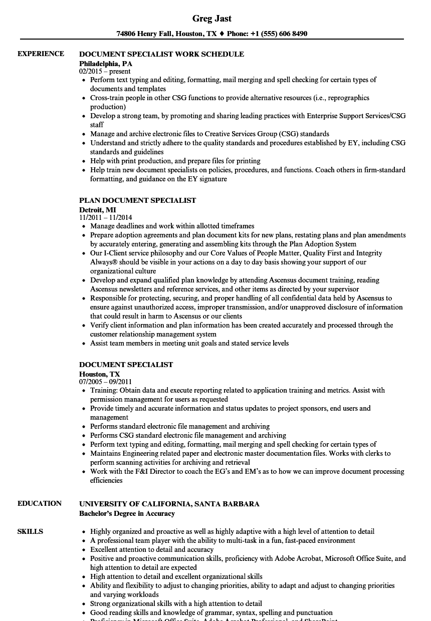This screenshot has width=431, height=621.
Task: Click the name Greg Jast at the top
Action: pos(211,19)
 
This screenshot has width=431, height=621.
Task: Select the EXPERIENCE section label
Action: pos(41,54)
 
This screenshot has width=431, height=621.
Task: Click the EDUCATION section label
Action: pos(40,503)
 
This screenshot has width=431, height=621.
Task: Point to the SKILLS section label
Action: pos(30,531)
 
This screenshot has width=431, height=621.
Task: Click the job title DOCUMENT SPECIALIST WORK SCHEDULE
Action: pos(161,54)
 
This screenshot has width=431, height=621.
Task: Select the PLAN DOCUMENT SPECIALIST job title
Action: pos(137,200)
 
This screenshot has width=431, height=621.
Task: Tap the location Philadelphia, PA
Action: pos(106,64)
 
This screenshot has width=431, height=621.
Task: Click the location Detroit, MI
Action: pos(98,210)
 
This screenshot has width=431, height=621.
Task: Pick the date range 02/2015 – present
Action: pos(105,72)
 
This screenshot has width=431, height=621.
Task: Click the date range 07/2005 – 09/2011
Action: pos(106,382)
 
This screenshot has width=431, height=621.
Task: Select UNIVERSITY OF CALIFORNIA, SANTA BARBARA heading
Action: pos(169,504)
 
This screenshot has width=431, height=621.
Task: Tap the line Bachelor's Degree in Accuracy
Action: pos(127,513)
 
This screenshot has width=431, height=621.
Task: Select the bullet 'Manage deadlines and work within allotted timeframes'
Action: pos(172,226)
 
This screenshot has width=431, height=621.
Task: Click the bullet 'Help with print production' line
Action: pos(175,161)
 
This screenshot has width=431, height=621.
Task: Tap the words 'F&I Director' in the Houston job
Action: pos(140,471)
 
